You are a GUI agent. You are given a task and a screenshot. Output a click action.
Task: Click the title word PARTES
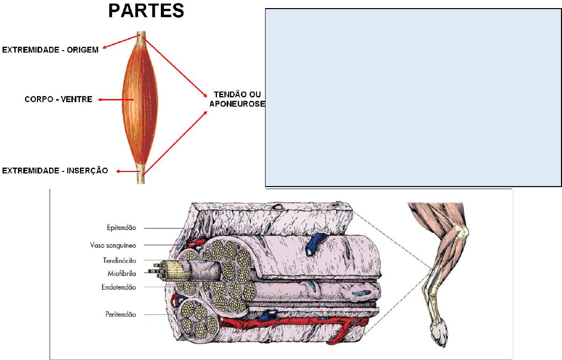click(147, 11)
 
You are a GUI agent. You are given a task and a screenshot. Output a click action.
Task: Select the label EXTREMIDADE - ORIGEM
click(51, 50)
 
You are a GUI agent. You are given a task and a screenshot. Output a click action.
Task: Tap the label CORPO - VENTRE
click(59, 100)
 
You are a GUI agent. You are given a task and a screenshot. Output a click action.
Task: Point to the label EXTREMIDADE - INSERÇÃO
click(55, 171)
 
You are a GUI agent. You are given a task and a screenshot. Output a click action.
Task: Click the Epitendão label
click(118, 228)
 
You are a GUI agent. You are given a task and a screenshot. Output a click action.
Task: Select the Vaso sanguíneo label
click(112, 245)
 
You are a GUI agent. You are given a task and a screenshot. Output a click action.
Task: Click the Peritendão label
click(118, 314)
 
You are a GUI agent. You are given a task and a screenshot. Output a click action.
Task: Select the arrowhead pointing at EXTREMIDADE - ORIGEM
click(104, 49)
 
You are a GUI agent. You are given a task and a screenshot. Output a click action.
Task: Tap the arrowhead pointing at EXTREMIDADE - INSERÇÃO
click(117, 171)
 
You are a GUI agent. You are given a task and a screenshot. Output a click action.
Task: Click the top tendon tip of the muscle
click(141, 37)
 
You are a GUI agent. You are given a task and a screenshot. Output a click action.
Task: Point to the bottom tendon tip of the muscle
click(141, 177)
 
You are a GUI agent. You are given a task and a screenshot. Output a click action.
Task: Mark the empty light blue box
click(413, 97)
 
